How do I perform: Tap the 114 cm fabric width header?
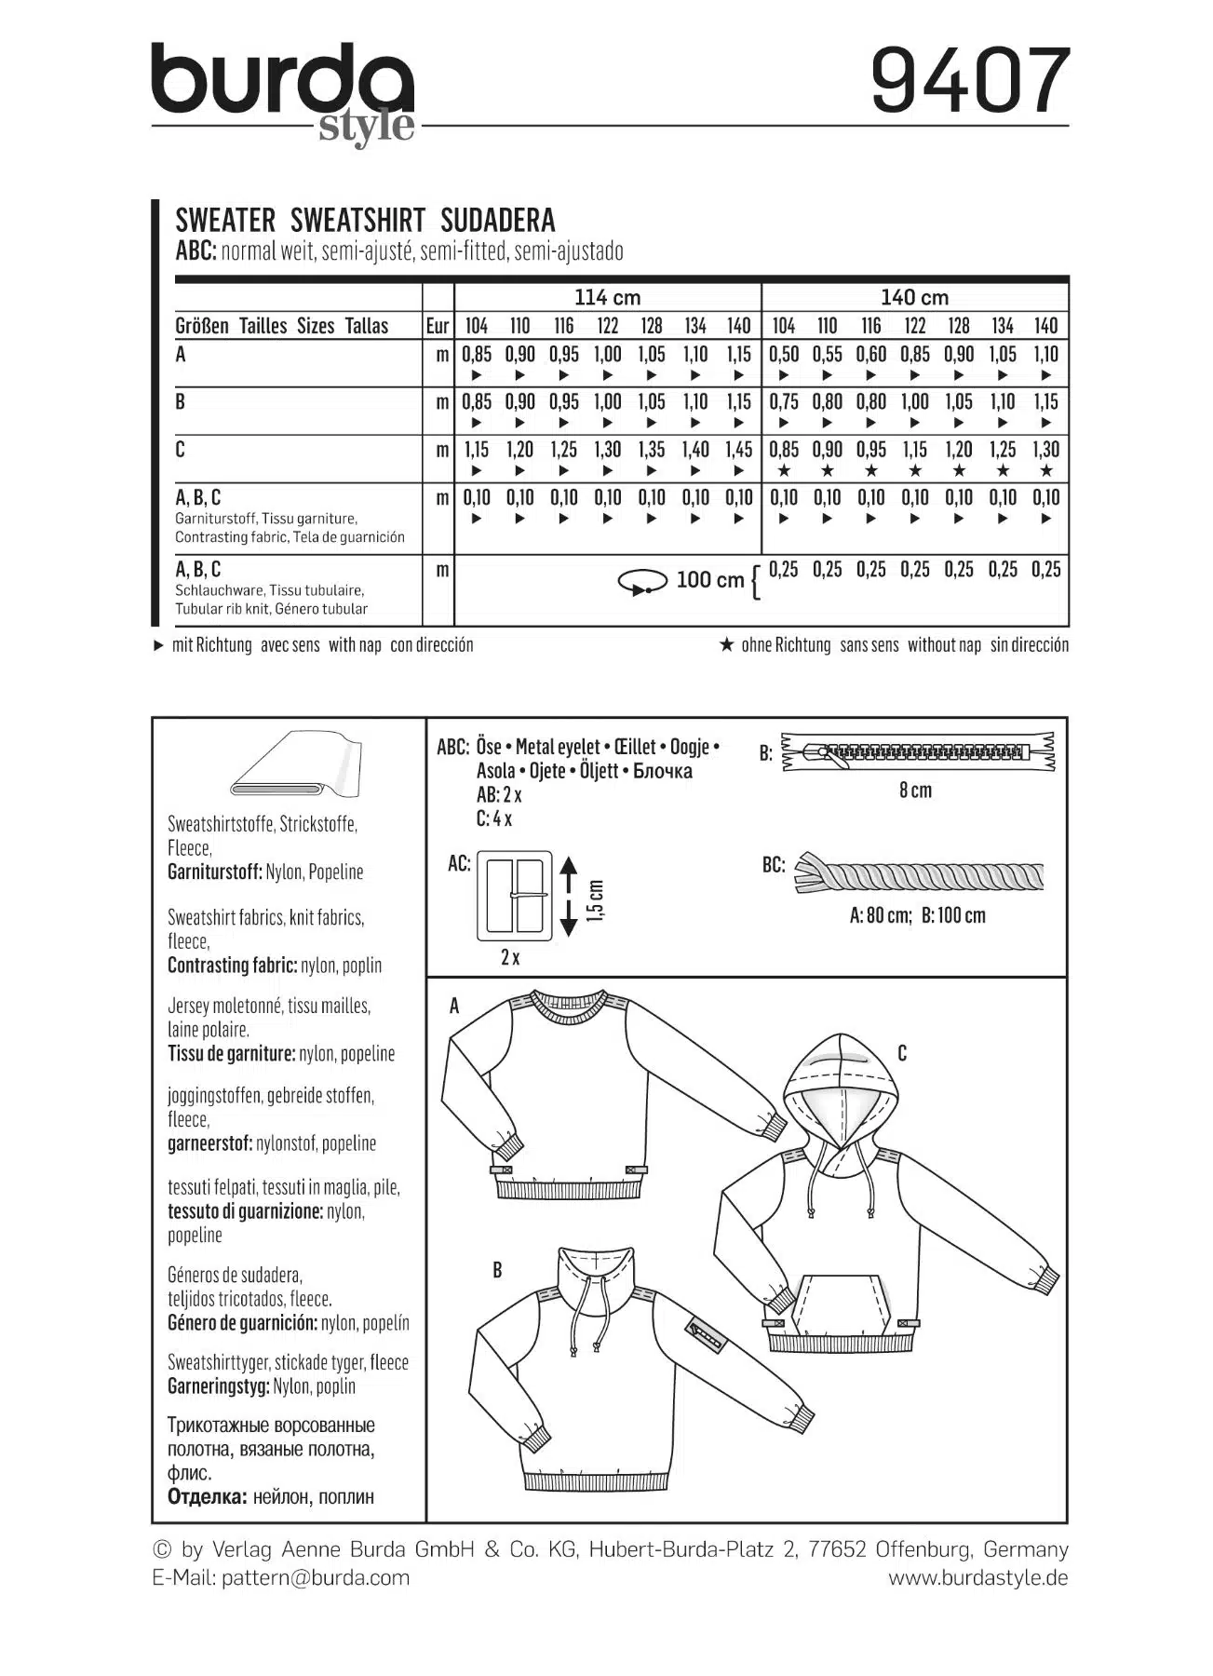(607, 298)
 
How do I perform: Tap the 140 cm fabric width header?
(914, 298)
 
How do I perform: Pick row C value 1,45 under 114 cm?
(738, 450)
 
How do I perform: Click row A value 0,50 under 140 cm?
(783, 355)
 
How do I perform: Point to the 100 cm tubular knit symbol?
(642, 582)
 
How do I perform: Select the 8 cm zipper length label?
(915, 791)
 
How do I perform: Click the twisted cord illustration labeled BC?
(919, 875)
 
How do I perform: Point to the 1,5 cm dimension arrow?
(569, 899)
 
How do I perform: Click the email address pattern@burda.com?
(316, 1577)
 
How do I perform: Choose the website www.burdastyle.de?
(977, 1577)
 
